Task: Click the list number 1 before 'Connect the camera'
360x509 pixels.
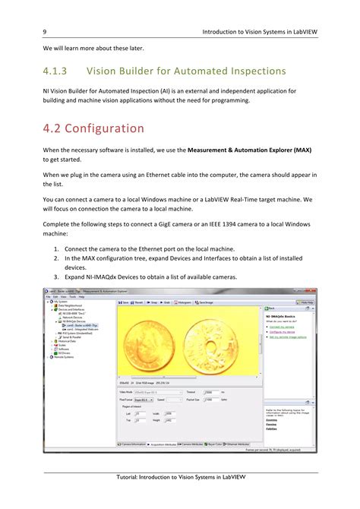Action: [x=56, y=248]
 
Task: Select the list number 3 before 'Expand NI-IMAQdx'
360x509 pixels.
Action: [x=56, y=277]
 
